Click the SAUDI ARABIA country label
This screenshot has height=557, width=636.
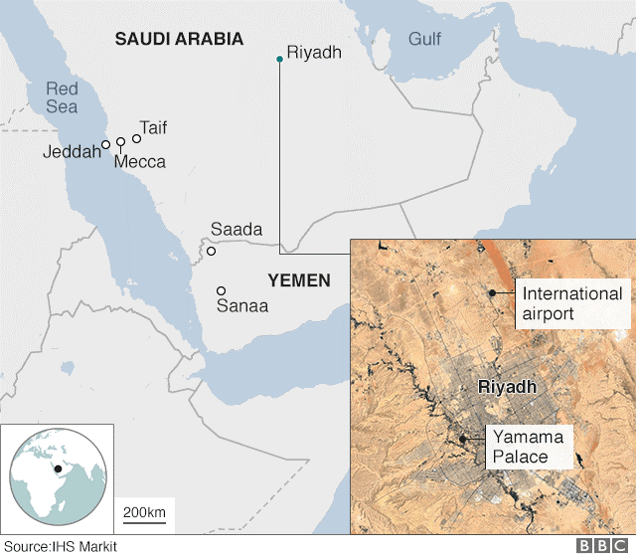tap(179, 40)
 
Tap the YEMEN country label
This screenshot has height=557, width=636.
tap(298, 280)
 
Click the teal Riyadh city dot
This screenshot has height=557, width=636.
tap(280, 60)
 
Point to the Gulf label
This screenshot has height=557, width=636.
tap(424, 40)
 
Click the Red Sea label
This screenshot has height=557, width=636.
tap(62, 98)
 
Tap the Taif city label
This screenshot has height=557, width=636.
tap(154, 127)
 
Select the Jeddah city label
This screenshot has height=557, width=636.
tap(72, 151)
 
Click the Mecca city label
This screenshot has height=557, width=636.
tap(140, 161)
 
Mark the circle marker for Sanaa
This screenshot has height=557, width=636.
tap(221, 291)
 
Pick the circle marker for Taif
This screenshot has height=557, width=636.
tap(137, 138)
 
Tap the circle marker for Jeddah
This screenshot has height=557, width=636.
tap(106, 145)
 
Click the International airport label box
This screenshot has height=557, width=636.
tap(572, 303)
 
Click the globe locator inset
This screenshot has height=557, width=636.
tap(57, 478)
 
